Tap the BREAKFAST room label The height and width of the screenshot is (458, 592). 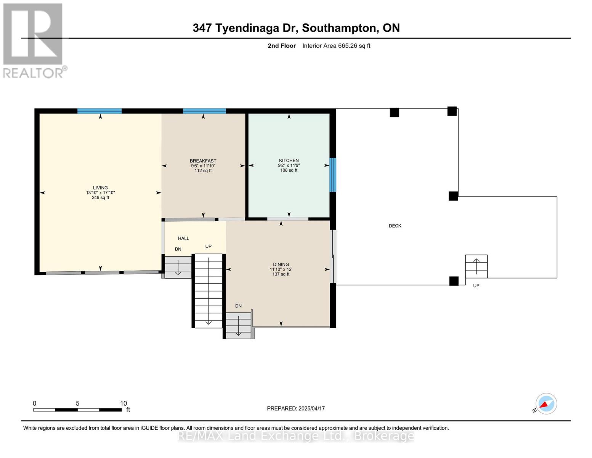203,161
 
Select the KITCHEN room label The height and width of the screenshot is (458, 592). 289,161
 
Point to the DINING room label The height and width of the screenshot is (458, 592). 281,264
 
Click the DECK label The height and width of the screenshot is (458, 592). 395,226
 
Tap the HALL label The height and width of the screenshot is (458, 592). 183,239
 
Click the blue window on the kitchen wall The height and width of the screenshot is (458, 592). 332,175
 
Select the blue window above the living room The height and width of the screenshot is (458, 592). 99,111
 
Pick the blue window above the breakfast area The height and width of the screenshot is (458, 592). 204,111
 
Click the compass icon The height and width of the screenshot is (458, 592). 546,404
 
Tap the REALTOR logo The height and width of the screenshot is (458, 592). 34,40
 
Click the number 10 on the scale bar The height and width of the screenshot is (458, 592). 123,403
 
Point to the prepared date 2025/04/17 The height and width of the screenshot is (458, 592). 311,408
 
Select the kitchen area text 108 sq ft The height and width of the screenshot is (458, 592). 289,170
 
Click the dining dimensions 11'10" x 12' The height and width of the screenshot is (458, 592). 281,269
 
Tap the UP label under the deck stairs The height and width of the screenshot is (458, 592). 476,286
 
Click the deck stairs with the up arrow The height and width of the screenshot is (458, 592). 476,266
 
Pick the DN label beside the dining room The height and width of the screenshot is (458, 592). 238,306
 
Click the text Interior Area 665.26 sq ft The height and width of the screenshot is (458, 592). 336,46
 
